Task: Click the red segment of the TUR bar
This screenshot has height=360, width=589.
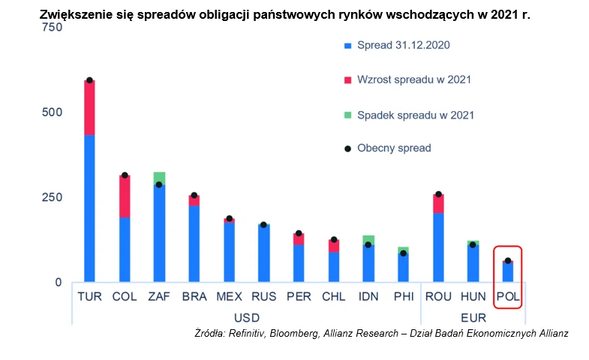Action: [x=89, y=108]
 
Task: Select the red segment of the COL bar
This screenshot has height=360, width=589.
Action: [x=125, y=196]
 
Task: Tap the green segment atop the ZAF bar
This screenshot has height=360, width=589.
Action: [x=159, y=178]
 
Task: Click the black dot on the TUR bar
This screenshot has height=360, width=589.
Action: [x=89, y=80]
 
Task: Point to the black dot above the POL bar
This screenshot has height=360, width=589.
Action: [x=507, y=261]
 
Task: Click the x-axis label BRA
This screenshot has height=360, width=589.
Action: [x=194, y=296]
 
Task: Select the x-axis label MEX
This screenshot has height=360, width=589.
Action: [x=229, y=296]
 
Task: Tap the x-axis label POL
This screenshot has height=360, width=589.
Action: [x=508, y=296]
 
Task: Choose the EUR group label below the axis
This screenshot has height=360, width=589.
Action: [x=473, y=318]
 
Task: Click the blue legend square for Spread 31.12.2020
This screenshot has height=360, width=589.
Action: [x=347, y=46]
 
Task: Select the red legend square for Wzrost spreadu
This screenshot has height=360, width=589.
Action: [x=347, y=80]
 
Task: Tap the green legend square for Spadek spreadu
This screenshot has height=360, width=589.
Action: [x=347, y=115]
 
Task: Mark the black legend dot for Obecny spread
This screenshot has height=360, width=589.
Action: [x=347, y=148]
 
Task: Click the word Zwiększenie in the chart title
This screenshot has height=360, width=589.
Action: [x=74, y=13]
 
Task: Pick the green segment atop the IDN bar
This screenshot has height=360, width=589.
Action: [x=368, y=240]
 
